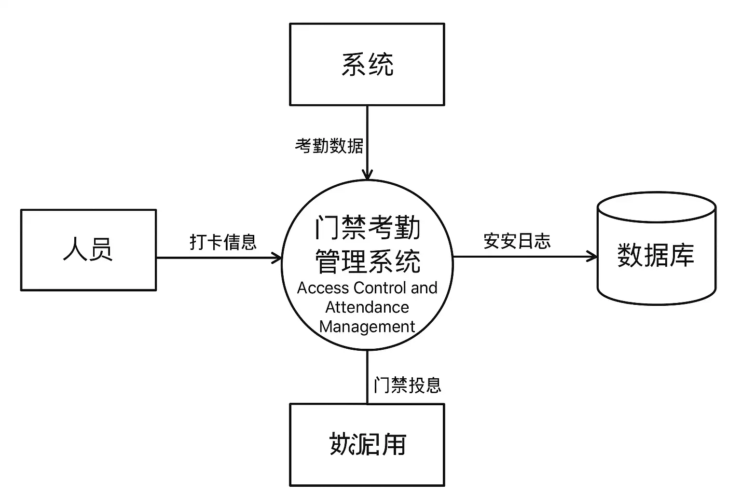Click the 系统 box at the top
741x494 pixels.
[367, 64]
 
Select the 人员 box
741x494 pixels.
[88, 250]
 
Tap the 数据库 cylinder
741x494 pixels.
[656, 255]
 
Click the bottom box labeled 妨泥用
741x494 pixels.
[367, 444]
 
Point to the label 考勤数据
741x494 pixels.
[329, 145]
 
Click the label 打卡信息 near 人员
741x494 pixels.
[223, 242]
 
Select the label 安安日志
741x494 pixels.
[517, 241]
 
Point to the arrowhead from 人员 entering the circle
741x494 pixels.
[277, 258]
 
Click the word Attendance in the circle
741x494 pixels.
[367, 307]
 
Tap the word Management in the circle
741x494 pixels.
[367, 327]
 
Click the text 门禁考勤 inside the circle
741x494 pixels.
[367, 228]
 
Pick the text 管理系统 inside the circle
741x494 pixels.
[367, 261]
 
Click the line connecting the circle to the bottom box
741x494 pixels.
[367, 377]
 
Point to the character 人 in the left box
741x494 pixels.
[75, 250]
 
